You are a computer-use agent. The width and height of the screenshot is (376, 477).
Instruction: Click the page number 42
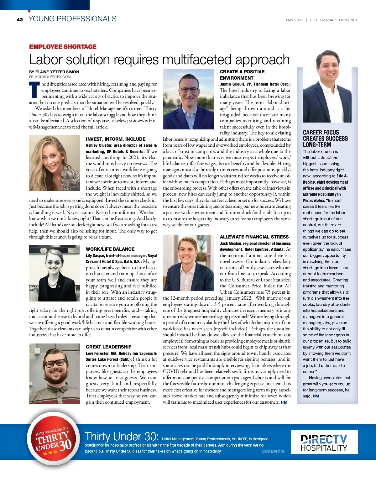pos(20,20)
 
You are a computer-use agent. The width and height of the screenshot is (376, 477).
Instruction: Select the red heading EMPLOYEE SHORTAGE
pos(63,47)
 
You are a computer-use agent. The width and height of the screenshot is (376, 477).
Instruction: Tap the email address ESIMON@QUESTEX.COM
pos(50,77)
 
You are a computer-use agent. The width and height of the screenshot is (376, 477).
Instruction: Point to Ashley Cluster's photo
pos(54,163)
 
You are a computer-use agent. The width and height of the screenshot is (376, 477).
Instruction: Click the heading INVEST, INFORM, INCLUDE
pos(116,139)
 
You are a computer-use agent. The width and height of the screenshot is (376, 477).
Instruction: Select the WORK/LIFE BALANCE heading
pos(110,249)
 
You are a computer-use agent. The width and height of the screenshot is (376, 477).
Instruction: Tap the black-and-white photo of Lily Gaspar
pos(54,273)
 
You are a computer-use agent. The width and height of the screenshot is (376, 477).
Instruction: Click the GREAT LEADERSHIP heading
pos(109,347)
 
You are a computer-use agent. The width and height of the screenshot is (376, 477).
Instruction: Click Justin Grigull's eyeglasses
pos(189,90)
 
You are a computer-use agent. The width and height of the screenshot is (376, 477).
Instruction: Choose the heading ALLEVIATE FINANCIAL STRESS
pos(254,237)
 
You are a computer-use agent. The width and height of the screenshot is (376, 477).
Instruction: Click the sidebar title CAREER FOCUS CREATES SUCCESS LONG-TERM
pos(325,139)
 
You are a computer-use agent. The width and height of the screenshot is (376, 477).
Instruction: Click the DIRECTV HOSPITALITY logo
pos(324,442)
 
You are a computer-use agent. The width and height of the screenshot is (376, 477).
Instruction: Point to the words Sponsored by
pos(273,451)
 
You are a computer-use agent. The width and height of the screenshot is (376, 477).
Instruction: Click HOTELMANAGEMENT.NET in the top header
pos(333,20)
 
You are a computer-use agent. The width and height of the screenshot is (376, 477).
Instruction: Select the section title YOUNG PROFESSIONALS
pos(72,19)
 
